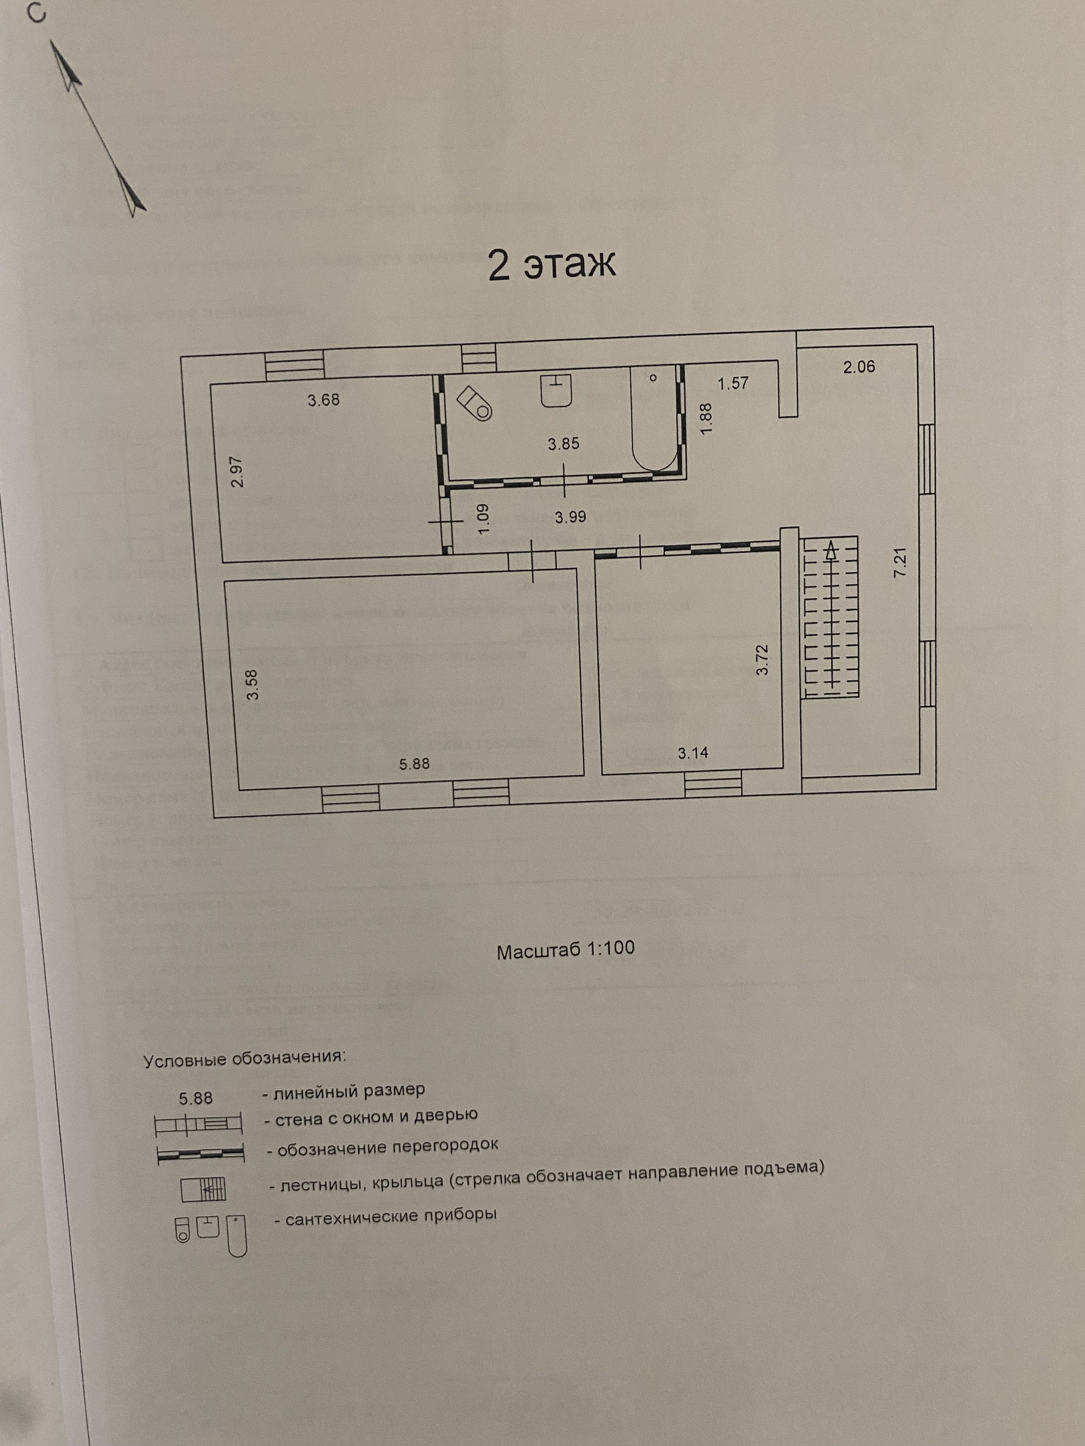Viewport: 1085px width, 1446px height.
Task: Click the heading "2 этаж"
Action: pyautogui.click(x=552, y=265)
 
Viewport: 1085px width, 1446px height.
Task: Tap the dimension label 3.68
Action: pyautogui.click(x=324, y=399)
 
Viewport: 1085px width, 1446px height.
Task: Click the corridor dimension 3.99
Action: pyautogui.click(x=570, y=517)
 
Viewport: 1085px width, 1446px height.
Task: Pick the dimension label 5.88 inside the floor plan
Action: pyautogui.click(x=415, y=764)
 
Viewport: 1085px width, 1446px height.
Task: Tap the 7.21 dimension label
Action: pyautogui.click(x=901, y=561)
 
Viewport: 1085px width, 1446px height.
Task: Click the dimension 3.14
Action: pyautogui.click(x=693, y=753)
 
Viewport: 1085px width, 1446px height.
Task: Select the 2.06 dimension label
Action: pyautogui.click(x=859, y=367)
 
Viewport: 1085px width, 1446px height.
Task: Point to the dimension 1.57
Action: pyautogui.click(x=732, y=384)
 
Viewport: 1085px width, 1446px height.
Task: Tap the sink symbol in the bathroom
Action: pyautogui.click(x=557, y=390)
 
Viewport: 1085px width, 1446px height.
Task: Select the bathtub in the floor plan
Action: pyautogui.click(x=654, y=419)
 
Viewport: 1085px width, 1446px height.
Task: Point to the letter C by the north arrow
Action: pyautogui.click(x=37, y=14)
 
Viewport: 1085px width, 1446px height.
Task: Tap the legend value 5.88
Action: pyautogui.click(x=196, y=1097)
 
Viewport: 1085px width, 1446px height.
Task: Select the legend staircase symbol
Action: pyautogui.click(x=203, y=1189)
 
